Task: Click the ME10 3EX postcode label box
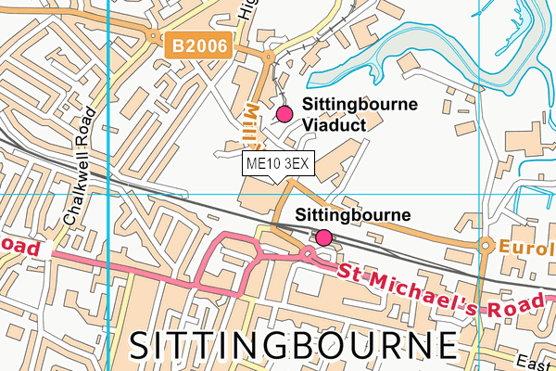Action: click(279, 164)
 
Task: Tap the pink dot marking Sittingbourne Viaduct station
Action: click(284, 114)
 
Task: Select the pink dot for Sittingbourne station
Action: click(323, 238)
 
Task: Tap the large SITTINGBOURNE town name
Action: click(293, 345)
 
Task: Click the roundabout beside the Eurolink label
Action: click(484, 246)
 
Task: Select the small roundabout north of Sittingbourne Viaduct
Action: click(268, 57)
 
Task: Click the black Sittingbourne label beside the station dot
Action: click(352, 215)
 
